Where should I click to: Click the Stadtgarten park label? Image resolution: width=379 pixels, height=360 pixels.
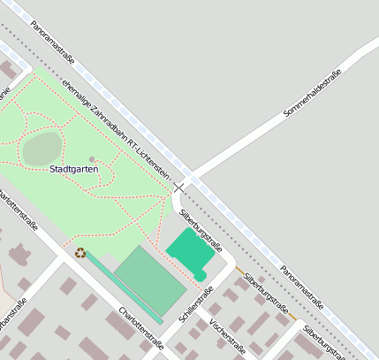pyautogui.click(x=73, y=168)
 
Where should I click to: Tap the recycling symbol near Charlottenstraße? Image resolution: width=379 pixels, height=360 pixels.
pyautogui.click(x=80, y=253)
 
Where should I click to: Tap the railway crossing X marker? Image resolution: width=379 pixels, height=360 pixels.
pyautogui.click(x=180, y=188)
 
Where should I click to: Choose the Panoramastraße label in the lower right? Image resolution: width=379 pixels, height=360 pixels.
pyautogui.click(x=301, y=286)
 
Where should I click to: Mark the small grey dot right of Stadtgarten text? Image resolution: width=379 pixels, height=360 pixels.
pyautogui.click(x=92, y=159)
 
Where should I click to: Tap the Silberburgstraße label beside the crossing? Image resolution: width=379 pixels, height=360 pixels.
pyautogui.click(x=200, y=229)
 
